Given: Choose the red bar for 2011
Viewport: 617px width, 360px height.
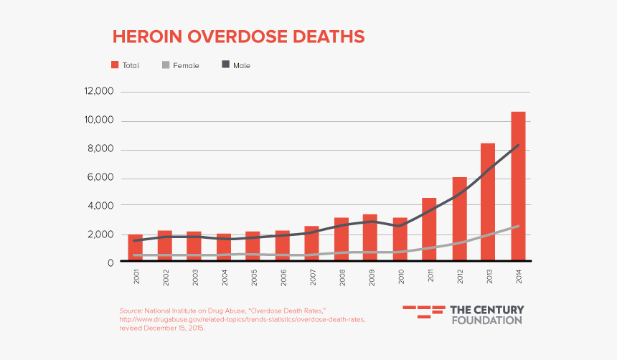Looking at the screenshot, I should point(429,229).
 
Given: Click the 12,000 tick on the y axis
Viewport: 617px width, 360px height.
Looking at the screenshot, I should point(99,92).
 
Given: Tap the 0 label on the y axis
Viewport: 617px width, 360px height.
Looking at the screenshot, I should point(110,262).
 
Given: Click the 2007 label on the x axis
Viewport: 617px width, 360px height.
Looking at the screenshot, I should point(311,277).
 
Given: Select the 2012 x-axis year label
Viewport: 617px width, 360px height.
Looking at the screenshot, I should point(459,277).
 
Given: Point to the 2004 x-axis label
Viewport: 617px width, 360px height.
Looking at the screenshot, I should point(223,277).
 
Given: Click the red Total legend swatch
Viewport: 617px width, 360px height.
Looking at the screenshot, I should point(114,65).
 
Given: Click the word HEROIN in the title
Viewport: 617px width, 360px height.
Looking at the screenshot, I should point(146,37).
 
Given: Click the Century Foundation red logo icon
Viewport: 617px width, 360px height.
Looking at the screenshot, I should point(423,311).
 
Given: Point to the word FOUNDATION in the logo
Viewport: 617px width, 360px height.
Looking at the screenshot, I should point(486,320).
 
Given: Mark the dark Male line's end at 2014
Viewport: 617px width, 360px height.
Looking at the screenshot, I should point(518,146).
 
